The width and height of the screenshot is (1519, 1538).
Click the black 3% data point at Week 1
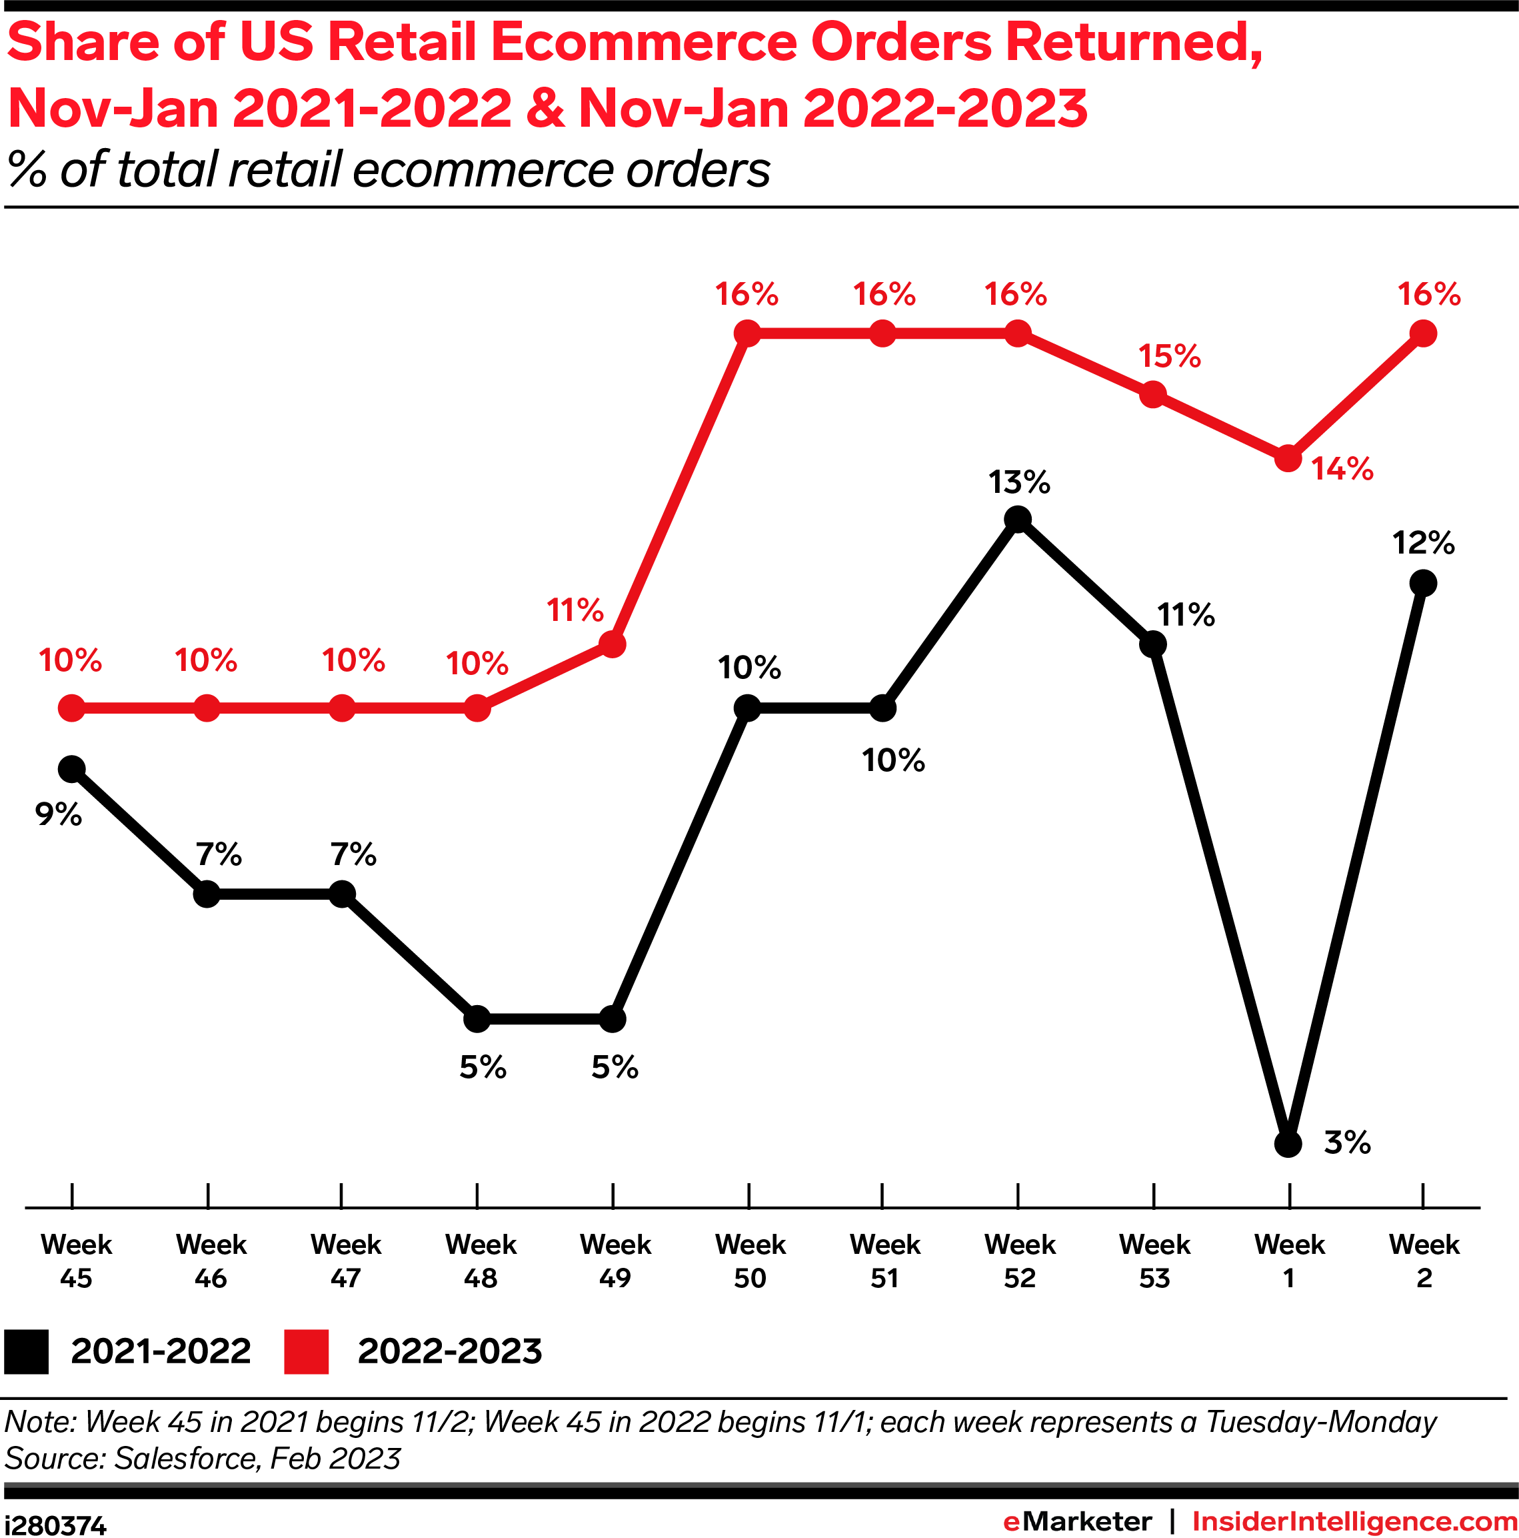point(1288,1144)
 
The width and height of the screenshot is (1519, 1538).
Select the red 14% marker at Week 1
point(1288,459)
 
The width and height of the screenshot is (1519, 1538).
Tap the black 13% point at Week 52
point(1018,520)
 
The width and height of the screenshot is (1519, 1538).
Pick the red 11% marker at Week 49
point(611,643)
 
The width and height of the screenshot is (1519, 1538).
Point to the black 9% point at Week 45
point(71,769)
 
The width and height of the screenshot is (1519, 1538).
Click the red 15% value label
point(1168,356)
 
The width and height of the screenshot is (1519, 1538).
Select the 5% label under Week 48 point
point(482,1068)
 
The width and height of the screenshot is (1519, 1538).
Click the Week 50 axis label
point(750,1261)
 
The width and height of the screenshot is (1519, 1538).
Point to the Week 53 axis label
point(1154,1261)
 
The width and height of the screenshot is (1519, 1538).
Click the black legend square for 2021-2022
point(26,1352)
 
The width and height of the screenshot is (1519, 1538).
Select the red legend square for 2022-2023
point(307,1352)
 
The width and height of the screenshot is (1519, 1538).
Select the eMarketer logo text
point(1076,1521)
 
